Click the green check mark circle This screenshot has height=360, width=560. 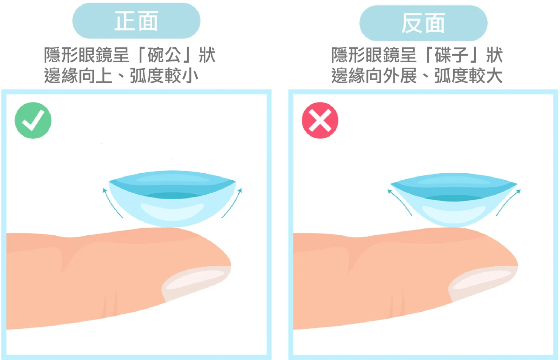tap(33, 120)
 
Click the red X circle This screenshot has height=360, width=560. tap(320, 120)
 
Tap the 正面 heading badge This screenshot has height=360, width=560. tap(136, 21)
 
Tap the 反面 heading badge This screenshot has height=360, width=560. tap(423, 23)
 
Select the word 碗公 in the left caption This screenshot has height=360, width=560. tap(164, 55)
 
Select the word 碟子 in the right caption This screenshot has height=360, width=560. tap(451, 55)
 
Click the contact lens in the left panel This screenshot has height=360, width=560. tap(172, 199)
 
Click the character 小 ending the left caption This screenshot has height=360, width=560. tap(190, 76)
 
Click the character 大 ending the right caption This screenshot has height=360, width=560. tap(494, 76)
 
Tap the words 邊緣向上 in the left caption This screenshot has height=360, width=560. tap(78, 76)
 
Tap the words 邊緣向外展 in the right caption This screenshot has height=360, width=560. tap(374, 76)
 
